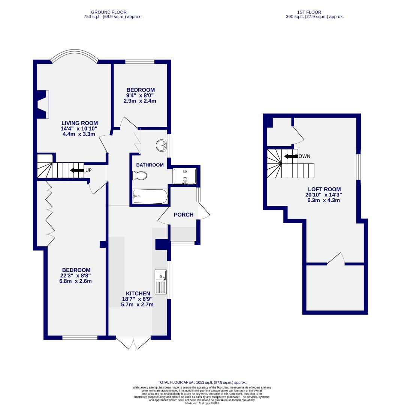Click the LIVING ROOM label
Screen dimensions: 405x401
(x=79, y=123)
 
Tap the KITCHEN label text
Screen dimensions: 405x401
(x=138, y=293)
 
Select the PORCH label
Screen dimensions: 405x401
(x=184, y=214)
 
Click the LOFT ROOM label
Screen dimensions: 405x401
(x=324, y=189)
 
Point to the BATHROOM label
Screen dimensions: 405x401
(x=150, y=165)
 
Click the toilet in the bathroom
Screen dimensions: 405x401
(x=140, y=175)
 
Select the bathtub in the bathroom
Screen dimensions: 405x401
(x=150, y=196)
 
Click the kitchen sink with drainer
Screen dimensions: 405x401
(x=161, y=282)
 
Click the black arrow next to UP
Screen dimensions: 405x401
(x=77, y=170)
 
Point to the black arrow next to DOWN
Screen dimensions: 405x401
(x=290, y=156)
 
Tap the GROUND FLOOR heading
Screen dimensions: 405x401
(x=109, y=12)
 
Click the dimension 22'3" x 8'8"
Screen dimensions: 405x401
(x=76, y=276)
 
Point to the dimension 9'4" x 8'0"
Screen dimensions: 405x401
(x=141, y=95)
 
